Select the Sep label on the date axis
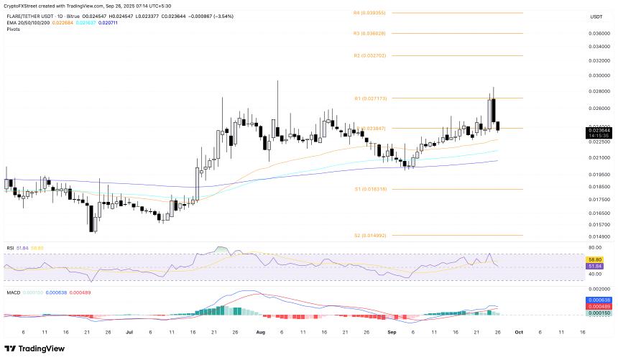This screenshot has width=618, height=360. (392, 333)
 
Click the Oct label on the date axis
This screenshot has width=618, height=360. (517, 333)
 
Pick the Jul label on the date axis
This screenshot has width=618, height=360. (129, 333)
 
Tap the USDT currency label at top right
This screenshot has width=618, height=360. (596, 17)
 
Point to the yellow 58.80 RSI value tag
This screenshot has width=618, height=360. (596, 259)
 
